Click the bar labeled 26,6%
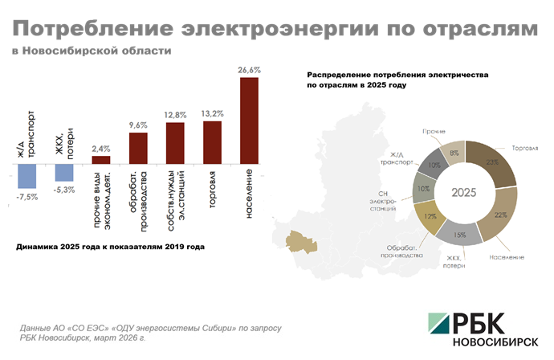click(249, 119)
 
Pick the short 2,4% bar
click(101, 158)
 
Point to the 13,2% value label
click(212, 113)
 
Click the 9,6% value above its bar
click(138, 125)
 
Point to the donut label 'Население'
click(507, 257)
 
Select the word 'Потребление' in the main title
click(93, 30)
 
